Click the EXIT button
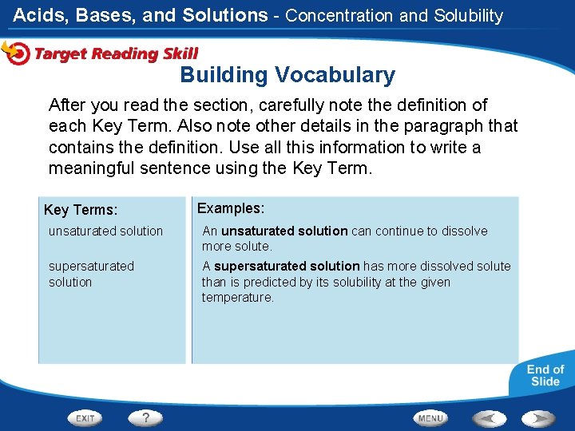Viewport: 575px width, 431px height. [x=86, y=417]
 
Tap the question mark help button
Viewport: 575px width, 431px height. [x=145, y=417]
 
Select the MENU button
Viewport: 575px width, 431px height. [x=430, y=417]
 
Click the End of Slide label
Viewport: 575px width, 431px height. [x=545, y=375]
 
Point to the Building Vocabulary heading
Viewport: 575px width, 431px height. [x=287, y=75]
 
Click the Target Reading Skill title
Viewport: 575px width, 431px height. [x=116, y=53]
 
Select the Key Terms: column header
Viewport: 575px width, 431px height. [x=81, y=210]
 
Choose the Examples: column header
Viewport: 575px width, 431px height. [x=231, y=208]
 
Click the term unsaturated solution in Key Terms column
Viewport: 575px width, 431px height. [x=105, y=231]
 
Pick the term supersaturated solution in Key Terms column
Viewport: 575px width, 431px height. [x=91, y=274]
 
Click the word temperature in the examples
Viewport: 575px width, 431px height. [x=237, y=298]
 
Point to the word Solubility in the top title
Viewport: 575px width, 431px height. [x=469, y=15]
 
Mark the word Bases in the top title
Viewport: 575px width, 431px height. [x=106, y=15]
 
